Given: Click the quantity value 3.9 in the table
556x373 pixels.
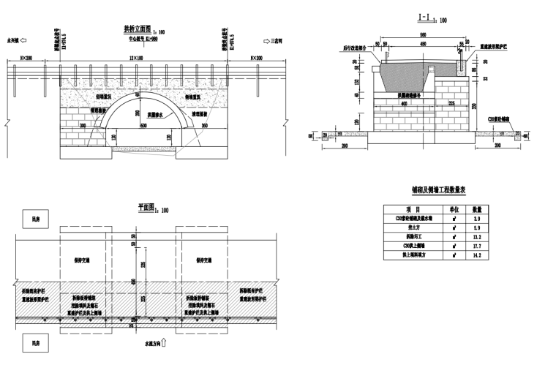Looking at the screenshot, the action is coord(477,218).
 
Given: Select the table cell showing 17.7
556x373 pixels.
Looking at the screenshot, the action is coord(477,246).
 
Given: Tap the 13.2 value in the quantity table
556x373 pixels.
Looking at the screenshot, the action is coord(477,237).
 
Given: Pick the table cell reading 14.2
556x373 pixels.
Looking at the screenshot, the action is coord(477,256).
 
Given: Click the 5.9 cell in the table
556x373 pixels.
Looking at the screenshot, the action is coord(477,227).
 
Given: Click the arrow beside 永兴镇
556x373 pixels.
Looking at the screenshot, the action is coord(23,42).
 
